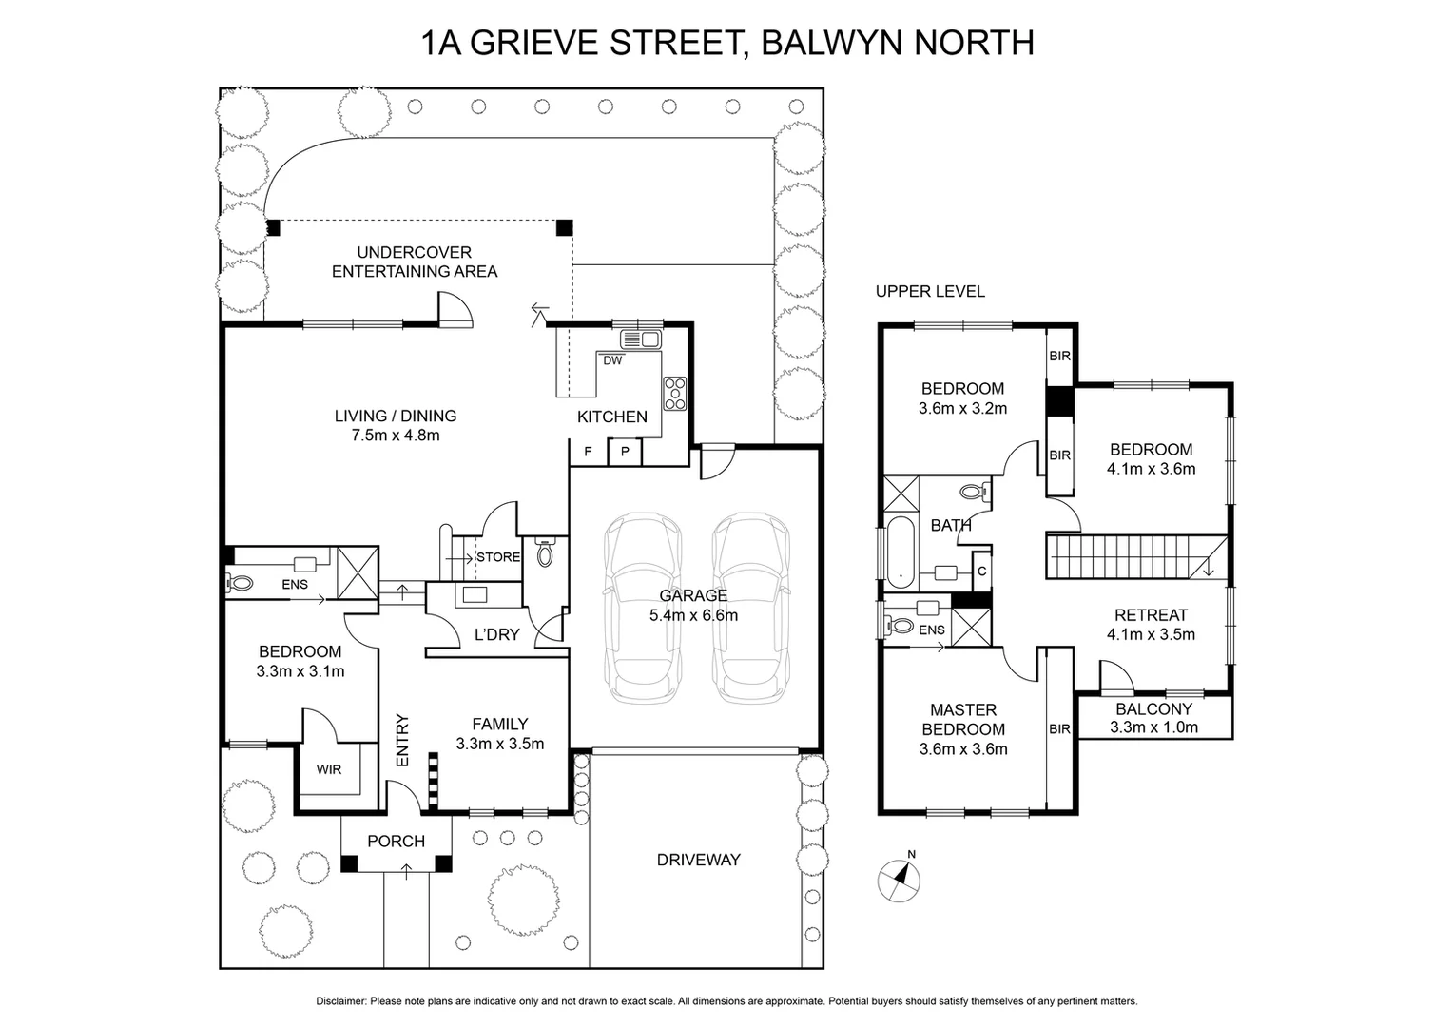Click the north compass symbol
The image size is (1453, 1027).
(x=899, y=880)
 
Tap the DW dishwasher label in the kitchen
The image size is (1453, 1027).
(x=612, y=360)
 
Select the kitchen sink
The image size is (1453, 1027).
(x=640, y=338)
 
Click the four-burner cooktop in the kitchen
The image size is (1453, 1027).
(x=675, y=394)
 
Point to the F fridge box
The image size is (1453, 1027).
(x=588, y=452)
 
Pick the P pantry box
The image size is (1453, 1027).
(x=625, y=452)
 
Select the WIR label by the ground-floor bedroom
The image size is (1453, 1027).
(x=329, y=770)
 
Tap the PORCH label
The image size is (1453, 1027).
(x=396, y=841)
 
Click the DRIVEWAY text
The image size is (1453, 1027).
(x=698, y=860)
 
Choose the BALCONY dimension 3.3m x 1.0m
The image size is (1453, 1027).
(x=1153, y=727)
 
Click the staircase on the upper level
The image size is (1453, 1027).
(x=1132, y=556)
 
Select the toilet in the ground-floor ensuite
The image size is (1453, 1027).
(x=240, y=583)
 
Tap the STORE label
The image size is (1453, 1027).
(x=498, y=557)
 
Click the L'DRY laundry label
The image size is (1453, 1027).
(x=496, y=634)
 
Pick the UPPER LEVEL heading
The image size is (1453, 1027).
(x=930, y=292)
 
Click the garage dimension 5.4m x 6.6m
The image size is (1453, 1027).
(x=693, y=615)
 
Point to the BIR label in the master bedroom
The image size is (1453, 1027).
(x=1059, y=729)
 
